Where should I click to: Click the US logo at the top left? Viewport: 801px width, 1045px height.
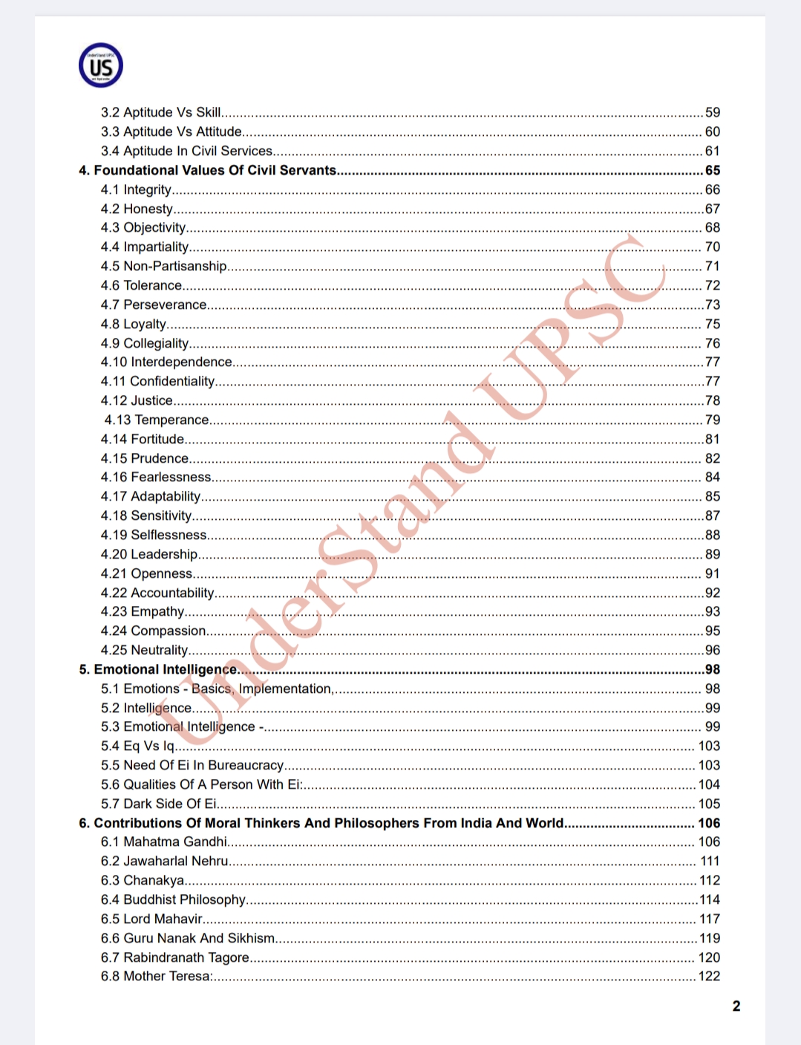101,65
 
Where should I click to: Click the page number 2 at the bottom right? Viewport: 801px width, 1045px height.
736,1006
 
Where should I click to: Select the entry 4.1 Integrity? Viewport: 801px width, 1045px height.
137,189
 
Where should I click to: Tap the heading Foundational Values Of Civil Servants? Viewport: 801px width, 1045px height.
215,170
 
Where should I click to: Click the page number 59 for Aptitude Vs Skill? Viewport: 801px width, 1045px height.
712,112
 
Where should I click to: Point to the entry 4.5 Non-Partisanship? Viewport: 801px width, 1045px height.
164,266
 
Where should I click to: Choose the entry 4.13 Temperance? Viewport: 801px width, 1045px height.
157,420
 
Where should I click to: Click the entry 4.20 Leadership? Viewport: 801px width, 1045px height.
149,554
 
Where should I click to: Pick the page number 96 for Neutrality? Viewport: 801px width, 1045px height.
712,650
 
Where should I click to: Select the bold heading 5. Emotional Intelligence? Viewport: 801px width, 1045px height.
158,669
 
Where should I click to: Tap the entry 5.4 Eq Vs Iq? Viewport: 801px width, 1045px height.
138,746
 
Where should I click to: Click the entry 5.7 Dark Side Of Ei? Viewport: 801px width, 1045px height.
159,804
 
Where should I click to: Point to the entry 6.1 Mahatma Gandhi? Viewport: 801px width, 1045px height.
164,841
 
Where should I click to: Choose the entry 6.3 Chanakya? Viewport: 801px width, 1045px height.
143,880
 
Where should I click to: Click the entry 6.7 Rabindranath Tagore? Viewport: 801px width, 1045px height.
175,957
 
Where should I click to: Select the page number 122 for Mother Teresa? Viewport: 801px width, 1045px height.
709,976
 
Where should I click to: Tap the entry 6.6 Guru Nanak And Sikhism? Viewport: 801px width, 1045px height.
188,938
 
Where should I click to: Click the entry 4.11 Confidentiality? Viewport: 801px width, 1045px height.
158,381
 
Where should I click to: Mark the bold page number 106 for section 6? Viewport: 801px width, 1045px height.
709,823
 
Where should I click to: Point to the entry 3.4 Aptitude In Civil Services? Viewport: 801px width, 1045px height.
187,151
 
